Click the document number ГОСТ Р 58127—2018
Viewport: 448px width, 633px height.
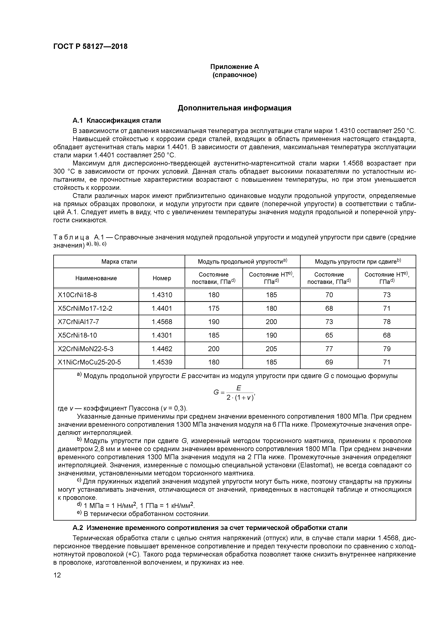[x=90, y=46]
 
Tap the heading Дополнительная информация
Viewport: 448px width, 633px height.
[x=234, y=108]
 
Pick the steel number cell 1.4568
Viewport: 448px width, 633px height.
[x=162, y=322]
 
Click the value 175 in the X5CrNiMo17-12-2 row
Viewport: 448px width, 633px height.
[x=214, y=308]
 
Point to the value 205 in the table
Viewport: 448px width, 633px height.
[x=271, y=349]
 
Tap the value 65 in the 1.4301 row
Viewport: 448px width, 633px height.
[x=329, y=335]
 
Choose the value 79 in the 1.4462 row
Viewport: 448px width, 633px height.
[x=387, y=349]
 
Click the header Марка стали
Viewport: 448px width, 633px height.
[x=119, y=261]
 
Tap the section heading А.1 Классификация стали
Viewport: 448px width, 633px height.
[x=117, y=121]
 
